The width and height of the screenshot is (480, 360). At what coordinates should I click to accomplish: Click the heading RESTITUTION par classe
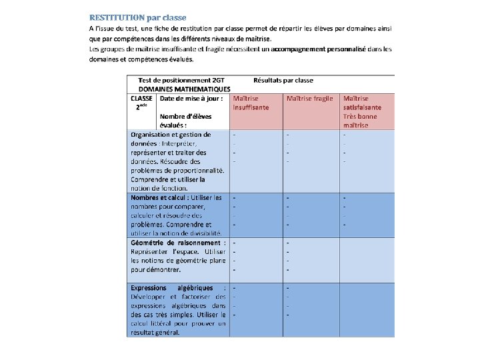point(138,17)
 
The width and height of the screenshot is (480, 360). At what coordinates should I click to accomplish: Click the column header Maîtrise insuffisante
point(251,103)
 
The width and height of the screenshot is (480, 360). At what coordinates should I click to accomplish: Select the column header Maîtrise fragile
point(309,98)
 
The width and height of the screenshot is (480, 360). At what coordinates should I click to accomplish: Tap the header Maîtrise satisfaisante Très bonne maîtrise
point(363,111)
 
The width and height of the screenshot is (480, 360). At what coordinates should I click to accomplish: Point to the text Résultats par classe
point(283,80)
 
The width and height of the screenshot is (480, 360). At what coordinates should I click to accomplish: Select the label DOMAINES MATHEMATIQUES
point(185,89)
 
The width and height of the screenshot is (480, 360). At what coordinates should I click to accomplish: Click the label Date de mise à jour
point(191,98)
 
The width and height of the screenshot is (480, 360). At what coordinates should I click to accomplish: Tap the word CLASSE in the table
point(143,98)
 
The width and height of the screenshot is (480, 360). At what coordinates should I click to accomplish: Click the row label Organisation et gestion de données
point(171,139)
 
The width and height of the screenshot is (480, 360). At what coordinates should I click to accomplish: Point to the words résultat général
point(155,332)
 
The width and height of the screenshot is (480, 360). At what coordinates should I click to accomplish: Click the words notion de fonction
point(155,188)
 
